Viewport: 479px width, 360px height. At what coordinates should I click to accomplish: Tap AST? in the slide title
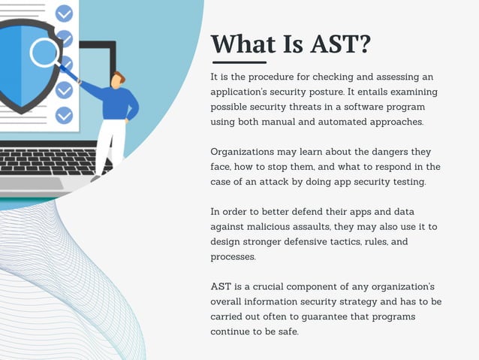coord(336,45)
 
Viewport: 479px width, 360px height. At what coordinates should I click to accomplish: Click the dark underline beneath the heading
coord(239,62)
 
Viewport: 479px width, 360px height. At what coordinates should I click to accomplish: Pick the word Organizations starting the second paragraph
coord(246,151)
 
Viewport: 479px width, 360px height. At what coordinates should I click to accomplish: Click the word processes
coord(233,256)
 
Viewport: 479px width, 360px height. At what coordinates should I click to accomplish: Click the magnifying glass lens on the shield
coord(45,53)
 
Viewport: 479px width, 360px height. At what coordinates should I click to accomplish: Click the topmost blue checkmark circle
coord(65,13)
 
